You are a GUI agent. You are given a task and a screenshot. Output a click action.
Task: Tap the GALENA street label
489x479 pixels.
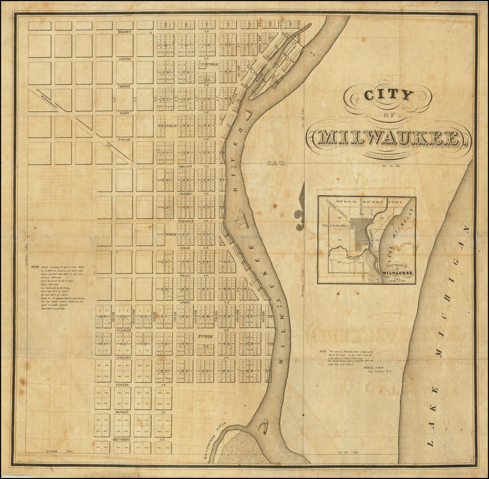124,59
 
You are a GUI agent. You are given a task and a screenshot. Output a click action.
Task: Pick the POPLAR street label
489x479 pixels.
124,139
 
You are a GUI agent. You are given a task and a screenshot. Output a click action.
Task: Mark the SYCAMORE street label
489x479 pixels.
122,330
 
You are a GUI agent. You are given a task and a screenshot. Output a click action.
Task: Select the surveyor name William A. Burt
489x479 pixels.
375,367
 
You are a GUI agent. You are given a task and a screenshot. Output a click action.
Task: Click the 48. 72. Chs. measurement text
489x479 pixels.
390,166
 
